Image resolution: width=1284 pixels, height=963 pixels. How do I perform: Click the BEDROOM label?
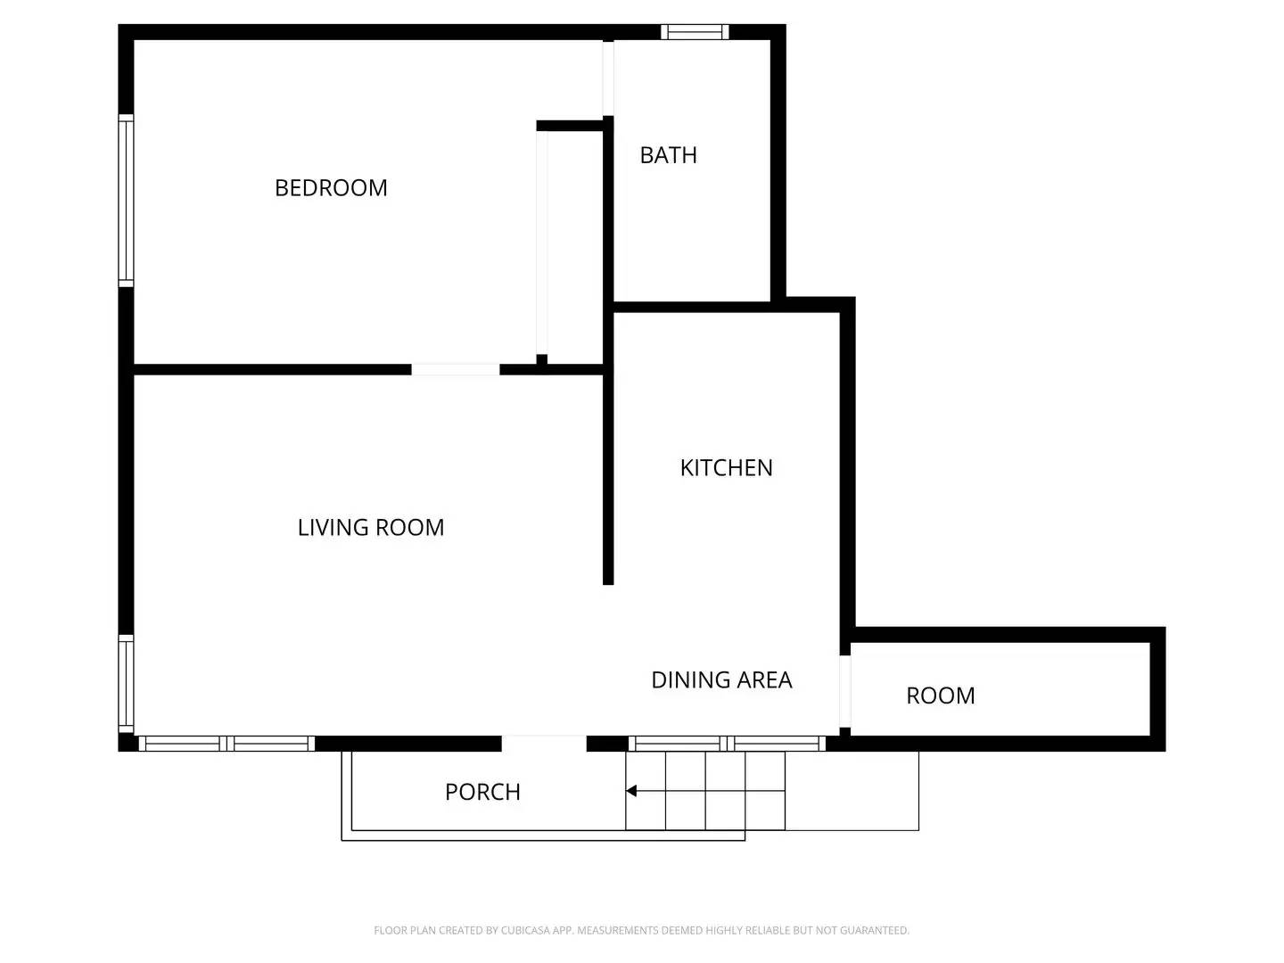click(x=331, y=188)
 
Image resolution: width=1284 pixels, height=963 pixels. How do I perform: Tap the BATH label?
click(x=668, y=155)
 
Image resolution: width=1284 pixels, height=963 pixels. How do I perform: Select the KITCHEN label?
click(x=726, y=468)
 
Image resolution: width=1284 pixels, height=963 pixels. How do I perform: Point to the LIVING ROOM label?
click(x=371, y=528)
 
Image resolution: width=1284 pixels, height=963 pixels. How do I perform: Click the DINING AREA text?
click(x=721, y=680)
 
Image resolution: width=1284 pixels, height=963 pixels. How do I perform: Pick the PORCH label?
click(x=482, y=792)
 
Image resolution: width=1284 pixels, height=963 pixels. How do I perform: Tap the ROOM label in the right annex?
click(x=940, y=695)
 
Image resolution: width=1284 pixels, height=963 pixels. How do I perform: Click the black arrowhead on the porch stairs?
click(x=631, y=791)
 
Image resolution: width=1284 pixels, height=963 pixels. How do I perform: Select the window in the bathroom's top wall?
click(x=695, y=33)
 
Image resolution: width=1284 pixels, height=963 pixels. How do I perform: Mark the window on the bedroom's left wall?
click(x=126, y=201)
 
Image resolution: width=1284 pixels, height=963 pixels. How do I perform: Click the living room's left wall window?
click(x=126, y=683)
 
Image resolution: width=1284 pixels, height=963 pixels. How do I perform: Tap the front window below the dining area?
click(x=727, y=744)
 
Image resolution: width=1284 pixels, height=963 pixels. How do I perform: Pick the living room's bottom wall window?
click(x=226, y=744)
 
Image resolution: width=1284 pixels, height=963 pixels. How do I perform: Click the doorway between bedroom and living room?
click(x=456, y=369)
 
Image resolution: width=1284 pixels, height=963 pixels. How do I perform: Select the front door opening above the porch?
click(x=544, y=744)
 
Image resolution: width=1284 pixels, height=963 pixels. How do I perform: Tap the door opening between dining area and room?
click(x=845, y=692)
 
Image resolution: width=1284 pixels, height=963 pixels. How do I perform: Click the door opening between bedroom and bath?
click(x=608, y=78)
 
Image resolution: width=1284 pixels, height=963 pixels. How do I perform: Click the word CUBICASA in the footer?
click(x=525, y=930)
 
